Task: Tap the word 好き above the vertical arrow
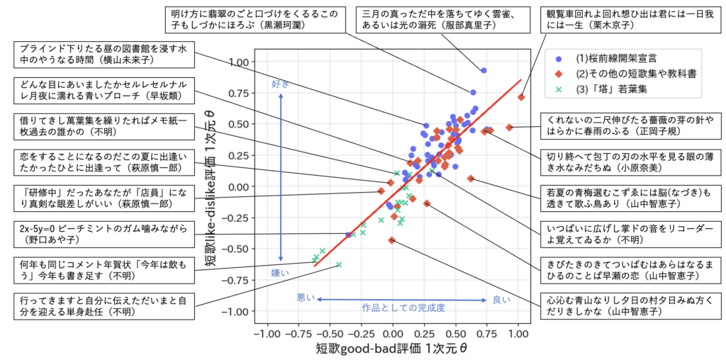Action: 281,84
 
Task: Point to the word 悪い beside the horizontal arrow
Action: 306,299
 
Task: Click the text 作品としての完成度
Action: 403,308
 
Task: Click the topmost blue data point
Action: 484,70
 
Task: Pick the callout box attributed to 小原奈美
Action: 632,161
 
